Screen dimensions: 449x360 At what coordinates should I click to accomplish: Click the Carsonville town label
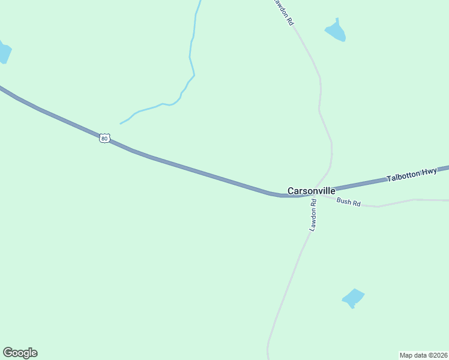pyautogui.click(x=311, y=191)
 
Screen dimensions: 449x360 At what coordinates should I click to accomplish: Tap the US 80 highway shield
pyautogui.click(x=104, y=138)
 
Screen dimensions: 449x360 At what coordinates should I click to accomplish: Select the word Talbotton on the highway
pyautogui.click(x=403, y=176)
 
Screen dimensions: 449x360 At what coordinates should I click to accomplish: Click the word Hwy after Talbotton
pyautogui.click(x=429, y=172)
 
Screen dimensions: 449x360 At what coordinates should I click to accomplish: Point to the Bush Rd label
pyautogui.click(x=348, y=202)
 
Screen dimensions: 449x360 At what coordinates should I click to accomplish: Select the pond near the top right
pyautogui.click(x=336, y=32)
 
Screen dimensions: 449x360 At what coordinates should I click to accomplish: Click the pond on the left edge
pyautogui.click(x=4, y=53)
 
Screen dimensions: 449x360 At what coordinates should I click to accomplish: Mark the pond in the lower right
pyautogui.click(x=353, y=298)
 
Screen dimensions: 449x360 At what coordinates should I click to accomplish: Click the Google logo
pyautogui.click(x=20, y=353)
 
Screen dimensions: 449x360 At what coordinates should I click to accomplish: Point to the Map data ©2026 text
pyautogui.click(x=423, y=355)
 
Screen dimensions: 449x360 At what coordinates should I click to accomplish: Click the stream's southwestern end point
pyautogui.click(x=121, y=124)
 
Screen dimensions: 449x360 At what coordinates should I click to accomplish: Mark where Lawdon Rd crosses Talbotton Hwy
pyautogui.click(x=316, y=193)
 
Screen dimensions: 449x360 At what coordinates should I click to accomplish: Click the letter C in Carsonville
pyautogui.click(x=291, y=191)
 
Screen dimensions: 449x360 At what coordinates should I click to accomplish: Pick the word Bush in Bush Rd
pyautogui.click(x=343, y=201)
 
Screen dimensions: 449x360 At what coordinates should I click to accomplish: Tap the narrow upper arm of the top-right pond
pyautogui.click(x=337, y=22)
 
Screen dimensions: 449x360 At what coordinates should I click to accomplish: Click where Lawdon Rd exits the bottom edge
pyautogui.click(x=268, y=358)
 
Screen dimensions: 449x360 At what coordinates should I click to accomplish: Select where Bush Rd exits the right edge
pyautogui.click(x=447, y=200)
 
